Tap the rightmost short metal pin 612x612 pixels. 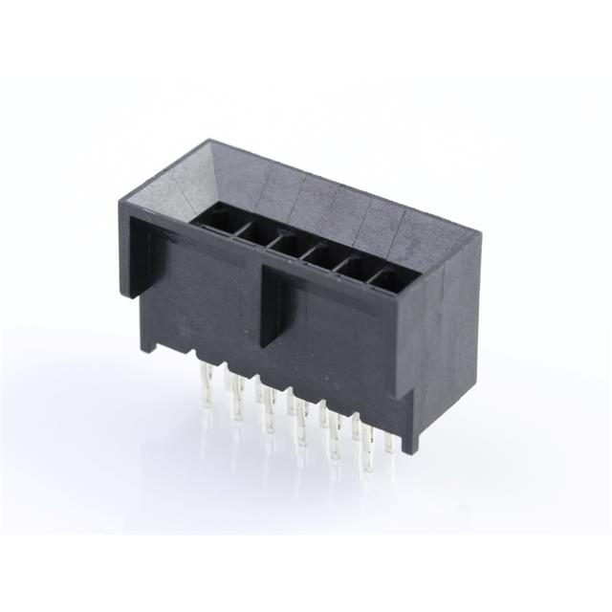coord(389,442)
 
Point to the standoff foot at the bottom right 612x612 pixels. coord(412,435)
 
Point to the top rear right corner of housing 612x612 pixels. coord(476,231)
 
